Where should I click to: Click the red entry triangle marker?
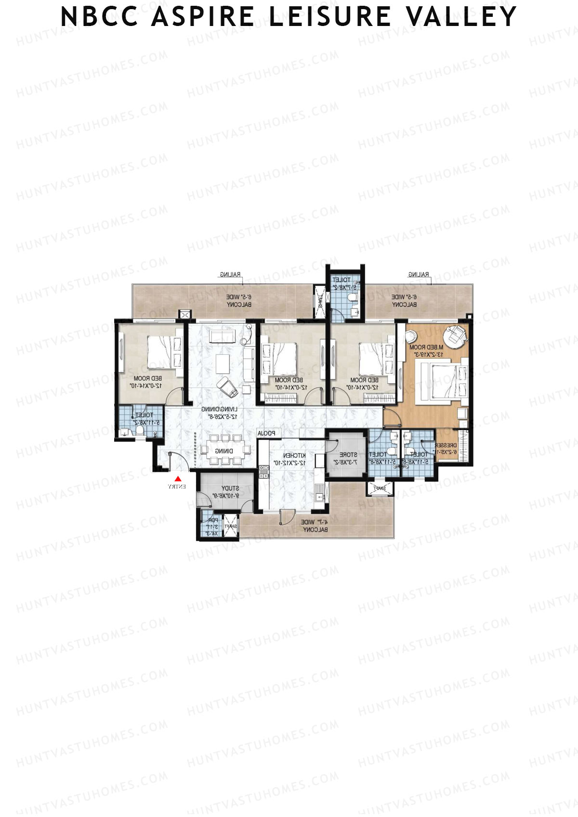(178, 479)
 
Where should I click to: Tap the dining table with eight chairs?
(225, 451)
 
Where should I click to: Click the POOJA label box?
(266, 433)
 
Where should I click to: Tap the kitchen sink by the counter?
(320, 494)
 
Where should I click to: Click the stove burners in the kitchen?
(263, 470)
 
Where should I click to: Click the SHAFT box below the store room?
(378, 488)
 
